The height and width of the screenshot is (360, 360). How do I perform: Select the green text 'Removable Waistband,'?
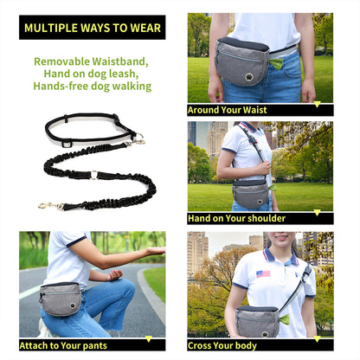click(91, 61)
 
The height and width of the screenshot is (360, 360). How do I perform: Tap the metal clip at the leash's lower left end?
click(48, 205)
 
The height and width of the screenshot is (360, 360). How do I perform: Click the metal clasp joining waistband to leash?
click(137, 138)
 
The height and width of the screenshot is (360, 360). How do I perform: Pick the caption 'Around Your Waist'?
click(227, 111)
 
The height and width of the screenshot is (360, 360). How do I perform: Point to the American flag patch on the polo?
click(262, 273)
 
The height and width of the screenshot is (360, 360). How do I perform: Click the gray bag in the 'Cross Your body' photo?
click(257, 319)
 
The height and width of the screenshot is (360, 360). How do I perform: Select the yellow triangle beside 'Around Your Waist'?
click(317, 106)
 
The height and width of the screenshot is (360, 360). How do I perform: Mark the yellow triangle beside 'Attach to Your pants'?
click(149, 339)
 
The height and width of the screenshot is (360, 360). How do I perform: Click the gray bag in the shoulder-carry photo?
click(251, 194)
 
